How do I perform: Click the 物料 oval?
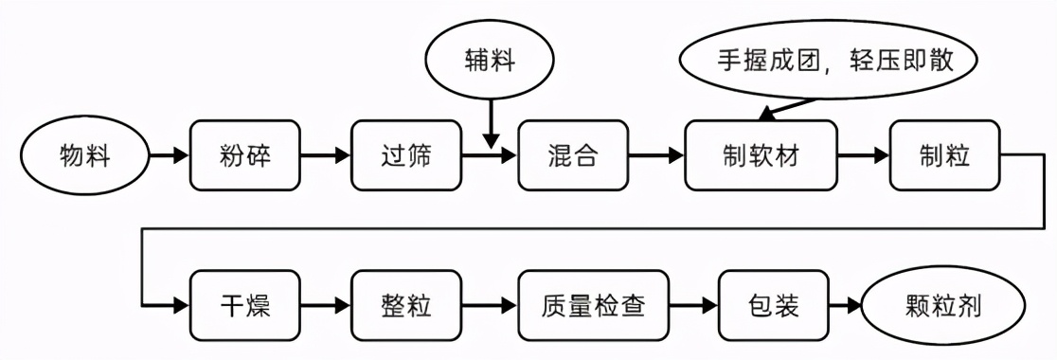point(84,154)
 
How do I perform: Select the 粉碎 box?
point(244,154)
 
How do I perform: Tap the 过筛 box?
point(405,154)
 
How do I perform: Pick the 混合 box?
point(572,154)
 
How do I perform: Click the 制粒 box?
point(943,154)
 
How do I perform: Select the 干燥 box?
point(244,306)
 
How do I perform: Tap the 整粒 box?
point(405,306)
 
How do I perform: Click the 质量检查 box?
point(593,306)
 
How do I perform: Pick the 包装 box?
point(773,306)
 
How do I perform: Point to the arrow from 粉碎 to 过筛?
point(325,154)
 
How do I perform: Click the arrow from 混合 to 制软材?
point(655,154)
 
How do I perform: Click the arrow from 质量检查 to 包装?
point(695,306)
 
